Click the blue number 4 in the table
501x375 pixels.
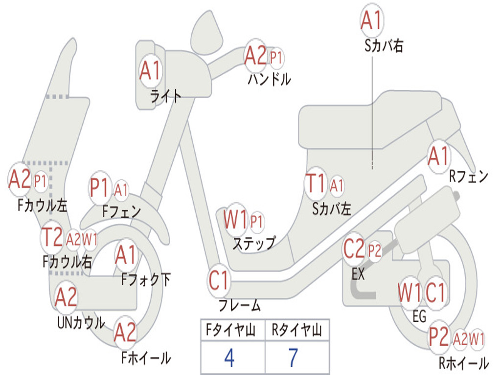coord(229,358)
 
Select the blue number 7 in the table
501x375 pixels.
coord(293,358)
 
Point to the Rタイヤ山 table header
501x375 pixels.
coord(296,332)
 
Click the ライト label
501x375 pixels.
coord(165,96)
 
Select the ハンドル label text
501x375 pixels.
coord(269,79)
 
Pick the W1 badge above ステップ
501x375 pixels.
coord(235,220)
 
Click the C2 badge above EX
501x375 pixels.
coord(354,250)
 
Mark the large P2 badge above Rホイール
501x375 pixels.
coord(438,337)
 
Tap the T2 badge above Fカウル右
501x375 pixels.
coord(52,237)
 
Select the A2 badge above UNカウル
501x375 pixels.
coord(66,296)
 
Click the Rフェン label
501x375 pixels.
coord(469,177)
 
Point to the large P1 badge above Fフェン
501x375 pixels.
coord(100,187)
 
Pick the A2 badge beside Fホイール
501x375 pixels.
coord(125,333)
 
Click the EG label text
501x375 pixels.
coord(419,316)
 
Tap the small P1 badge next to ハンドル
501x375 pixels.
coord(276,58)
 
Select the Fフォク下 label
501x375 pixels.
coord(146,280)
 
